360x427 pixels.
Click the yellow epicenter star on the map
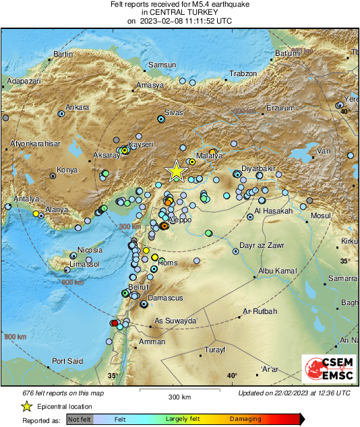[x=176, y=171]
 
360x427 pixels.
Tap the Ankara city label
[x=78, y=107]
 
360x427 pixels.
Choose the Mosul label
[x=320, y=216]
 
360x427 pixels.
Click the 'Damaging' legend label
[x=245, y=419]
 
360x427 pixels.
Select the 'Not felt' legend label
[x=80, y=419]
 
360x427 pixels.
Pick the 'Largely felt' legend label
[x=183, y=419]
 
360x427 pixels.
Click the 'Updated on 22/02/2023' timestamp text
[x=294, y=393]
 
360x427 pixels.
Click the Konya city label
[x=67, y=170]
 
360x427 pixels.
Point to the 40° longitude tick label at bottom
[x=232, y=375]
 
